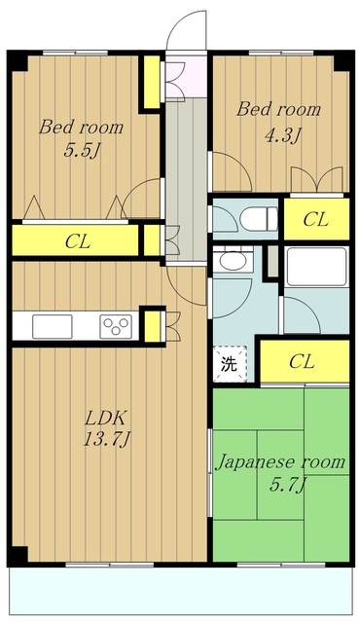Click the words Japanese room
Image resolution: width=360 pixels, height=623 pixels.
[279, 461]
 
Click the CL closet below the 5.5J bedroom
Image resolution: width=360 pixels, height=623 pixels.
[77, 240]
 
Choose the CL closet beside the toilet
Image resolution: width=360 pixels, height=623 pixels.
[314, 220]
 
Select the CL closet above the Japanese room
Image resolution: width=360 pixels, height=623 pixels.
[302, 361]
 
